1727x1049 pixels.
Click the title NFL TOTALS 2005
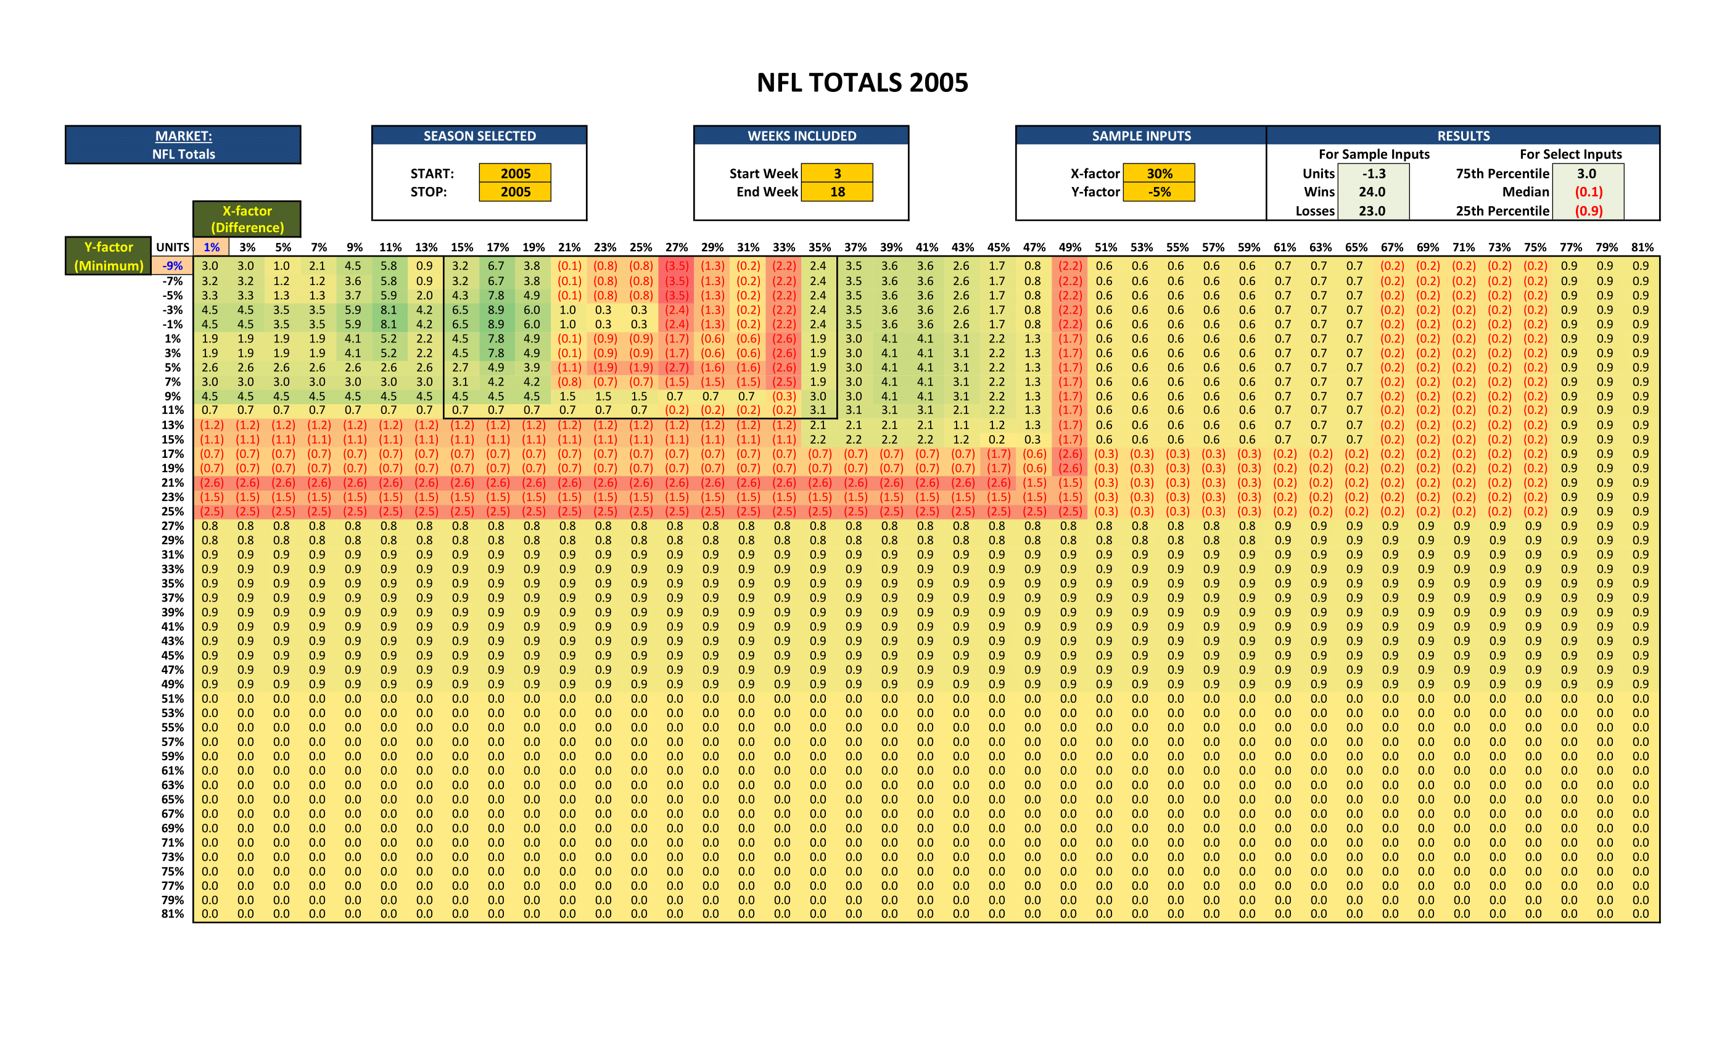coord(862,83)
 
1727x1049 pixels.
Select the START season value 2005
coord(515,173)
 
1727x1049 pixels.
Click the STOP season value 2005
coord(515,191)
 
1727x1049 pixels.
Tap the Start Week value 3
coord(837,173)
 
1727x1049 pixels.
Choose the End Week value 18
coord(837,191)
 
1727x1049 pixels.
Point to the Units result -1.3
coord(1373,173)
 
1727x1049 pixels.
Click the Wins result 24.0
coord(1372,191)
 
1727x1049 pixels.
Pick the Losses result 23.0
coord(1372,210)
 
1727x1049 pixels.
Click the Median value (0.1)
coord(1588,191)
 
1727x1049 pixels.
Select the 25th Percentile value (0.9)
coord(1588,210)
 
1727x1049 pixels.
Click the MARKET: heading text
coord(184,136)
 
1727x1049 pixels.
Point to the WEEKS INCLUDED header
coord(801,136)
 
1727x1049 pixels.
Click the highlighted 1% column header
coord(211,247)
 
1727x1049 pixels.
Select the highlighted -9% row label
coord(173,266)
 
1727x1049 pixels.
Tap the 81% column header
coord(1641,247)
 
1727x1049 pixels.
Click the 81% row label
coord(173,914)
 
